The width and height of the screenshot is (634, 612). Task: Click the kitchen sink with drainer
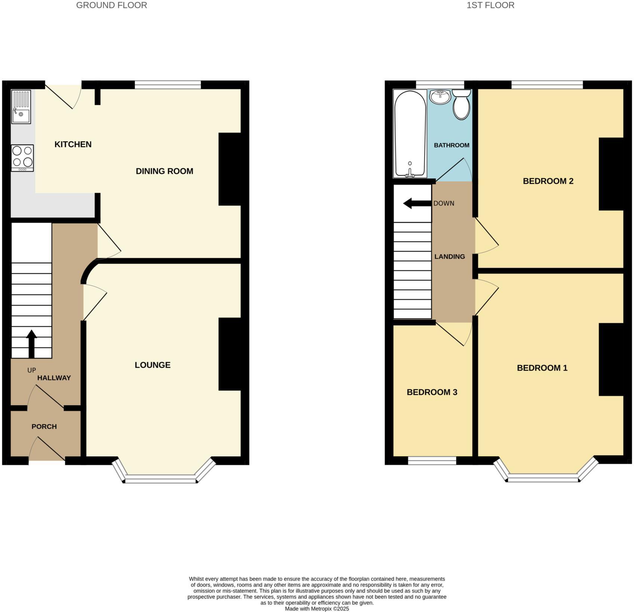point(21,107)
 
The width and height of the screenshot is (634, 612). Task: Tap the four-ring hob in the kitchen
point(22,158)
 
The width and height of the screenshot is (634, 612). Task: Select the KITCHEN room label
point(73,145)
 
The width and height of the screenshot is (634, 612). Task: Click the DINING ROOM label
point(164,171)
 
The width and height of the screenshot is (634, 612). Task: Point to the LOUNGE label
point(153,365)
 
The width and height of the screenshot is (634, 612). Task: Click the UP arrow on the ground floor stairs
point(31,344)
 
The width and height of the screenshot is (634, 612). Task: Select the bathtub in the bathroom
point(410,134)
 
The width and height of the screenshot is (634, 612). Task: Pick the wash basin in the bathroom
point(440,97)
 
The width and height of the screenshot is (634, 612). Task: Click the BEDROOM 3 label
point(432,392)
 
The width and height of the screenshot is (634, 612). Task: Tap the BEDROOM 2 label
point(548,181)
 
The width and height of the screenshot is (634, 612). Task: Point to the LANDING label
point(449,257)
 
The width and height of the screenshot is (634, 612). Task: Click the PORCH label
point(44,426)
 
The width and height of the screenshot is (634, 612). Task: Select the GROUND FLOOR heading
point(111,5)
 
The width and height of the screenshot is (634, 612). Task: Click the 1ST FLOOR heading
point(490,5)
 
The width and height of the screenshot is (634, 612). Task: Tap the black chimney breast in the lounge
point(229,354)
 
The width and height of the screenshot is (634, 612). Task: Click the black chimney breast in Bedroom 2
point(611,174)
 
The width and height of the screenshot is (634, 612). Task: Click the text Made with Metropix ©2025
point(317,609)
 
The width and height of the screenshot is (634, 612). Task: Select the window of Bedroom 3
point(432,461)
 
